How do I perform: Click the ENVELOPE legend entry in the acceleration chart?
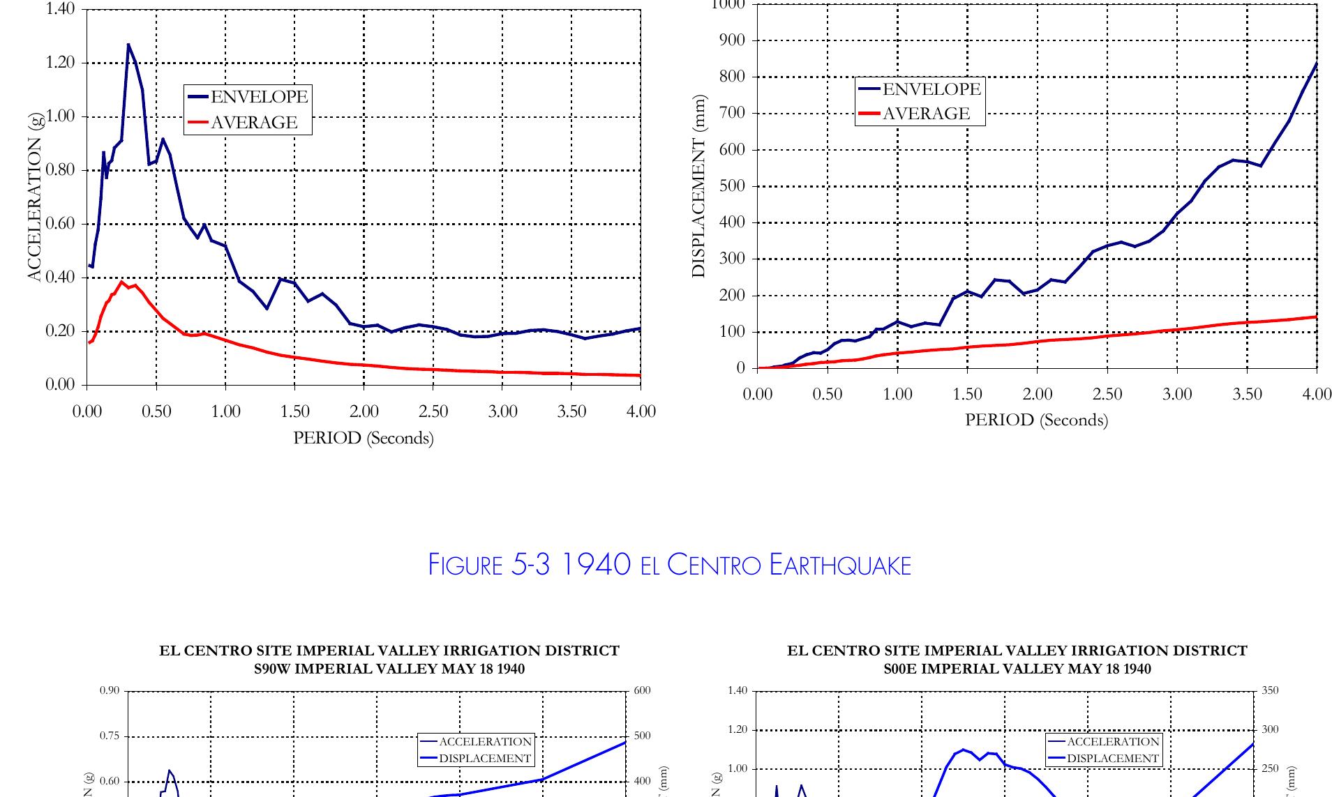click(259, 96)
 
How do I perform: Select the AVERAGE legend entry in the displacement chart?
click(926, 114)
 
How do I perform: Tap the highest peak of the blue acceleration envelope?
click(128, 45)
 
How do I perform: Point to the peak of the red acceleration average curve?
click(122, 282)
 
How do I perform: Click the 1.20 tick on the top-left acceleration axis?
click(60, 63)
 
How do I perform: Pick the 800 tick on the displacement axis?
click(731, 77)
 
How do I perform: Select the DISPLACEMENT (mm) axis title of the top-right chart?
click(698, 186)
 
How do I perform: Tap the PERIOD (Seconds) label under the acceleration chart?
click(363, 438)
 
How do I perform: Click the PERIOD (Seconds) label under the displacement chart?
click(1036, 420)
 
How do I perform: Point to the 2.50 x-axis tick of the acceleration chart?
click(433, 411)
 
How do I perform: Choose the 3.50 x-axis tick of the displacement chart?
click(1247, 394)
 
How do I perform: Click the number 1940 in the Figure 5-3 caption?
click(597, 564)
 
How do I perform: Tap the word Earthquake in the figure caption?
click(840, 564)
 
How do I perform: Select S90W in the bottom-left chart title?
click(275, 669)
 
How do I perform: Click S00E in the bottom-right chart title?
click(903, 669)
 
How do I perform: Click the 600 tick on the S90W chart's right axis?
click(642, 691)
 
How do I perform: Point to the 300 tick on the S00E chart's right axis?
click(1270, 730)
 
